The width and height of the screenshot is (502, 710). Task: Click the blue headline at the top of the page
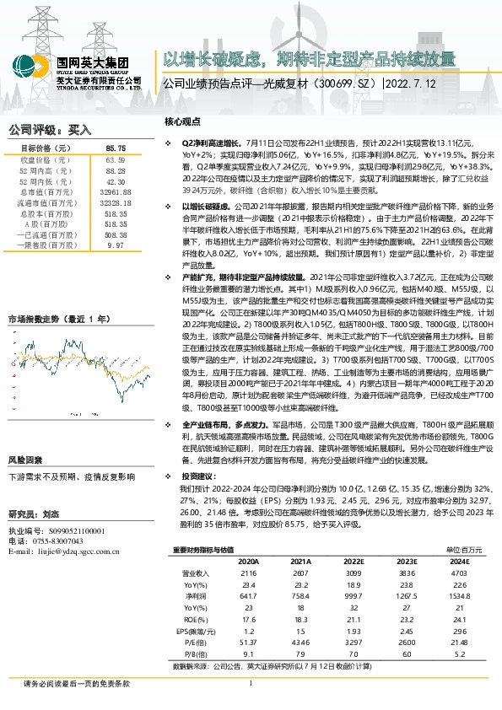(309, 58)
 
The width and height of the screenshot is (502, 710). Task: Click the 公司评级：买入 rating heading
(49, 130)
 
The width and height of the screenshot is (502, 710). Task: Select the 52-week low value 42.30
(116, 181)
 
